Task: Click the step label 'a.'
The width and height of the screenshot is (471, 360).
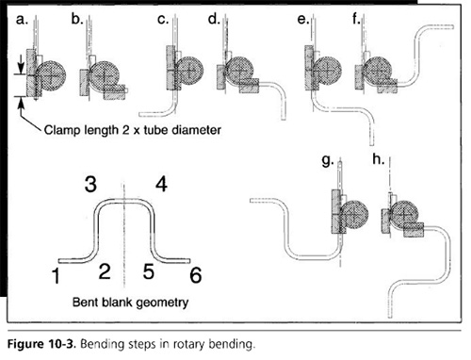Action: click(x=22, y=20)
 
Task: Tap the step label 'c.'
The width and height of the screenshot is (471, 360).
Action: click(x=163, y=20)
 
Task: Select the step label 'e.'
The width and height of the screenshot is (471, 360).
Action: click(x=303, y=20)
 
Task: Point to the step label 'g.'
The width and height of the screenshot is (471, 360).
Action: click(x=328, y=161)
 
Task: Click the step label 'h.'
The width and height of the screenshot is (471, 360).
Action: click(x=379, y=159)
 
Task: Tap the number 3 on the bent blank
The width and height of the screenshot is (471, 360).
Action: click(x=90, y=184)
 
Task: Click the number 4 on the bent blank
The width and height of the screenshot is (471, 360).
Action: click(x=161, y=184)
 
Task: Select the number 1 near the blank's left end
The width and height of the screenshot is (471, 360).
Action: click(x=57, y=276)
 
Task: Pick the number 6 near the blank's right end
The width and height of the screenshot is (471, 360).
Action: click(x=196, y=275)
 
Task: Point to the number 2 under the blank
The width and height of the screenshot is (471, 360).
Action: click(x=105, y=271)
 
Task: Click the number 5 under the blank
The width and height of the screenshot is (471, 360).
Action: click(x=149, y=271)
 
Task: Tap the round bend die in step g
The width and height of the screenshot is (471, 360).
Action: click(x=354, y=215)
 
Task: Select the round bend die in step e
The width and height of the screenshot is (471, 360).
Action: click(x=327, y=71)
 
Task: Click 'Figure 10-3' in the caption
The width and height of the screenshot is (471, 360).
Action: click(x=41, y=344)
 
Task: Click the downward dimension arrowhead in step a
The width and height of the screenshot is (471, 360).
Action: click(x=21, y=68)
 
